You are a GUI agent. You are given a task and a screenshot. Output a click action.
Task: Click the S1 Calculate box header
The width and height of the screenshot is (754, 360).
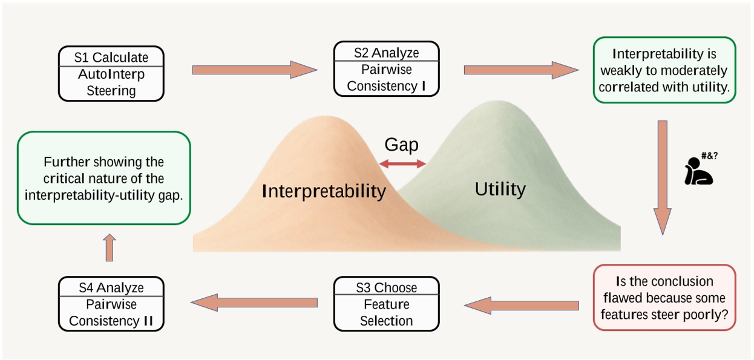click(111, 57)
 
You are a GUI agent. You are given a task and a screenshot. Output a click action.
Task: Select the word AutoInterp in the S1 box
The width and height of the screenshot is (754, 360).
click(111, 74)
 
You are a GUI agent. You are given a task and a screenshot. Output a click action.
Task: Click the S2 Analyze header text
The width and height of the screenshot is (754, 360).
click(386, 53)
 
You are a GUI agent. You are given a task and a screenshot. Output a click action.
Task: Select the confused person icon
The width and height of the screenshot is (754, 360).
click(698, 172)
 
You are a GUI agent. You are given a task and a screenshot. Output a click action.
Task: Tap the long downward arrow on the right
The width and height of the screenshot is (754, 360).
click(662, 175)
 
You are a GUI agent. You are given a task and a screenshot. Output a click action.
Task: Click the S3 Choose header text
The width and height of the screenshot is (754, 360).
click(386, 287)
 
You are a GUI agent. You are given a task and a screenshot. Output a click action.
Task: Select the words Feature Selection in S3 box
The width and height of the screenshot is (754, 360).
click(386, 312)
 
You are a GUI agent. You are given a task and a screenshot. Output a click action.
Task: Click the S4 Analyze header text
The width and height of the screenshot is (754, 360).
click(111, 287)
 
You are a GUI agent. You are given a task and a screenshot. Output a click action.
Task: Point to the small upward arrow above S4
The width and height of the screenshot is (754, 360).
click(110, 247)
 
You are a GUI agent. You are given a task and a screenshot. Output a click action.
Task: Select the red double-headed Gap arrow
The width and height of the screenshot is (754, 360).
click(402, 163)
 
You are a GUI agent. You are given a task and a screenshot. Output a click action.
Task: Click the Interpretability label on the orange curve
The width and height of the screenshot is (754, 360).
click(324, 191)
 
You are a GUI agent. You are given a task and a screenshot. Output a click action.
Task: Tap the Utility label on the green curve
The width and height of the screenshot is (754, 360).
click(500, 189)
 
